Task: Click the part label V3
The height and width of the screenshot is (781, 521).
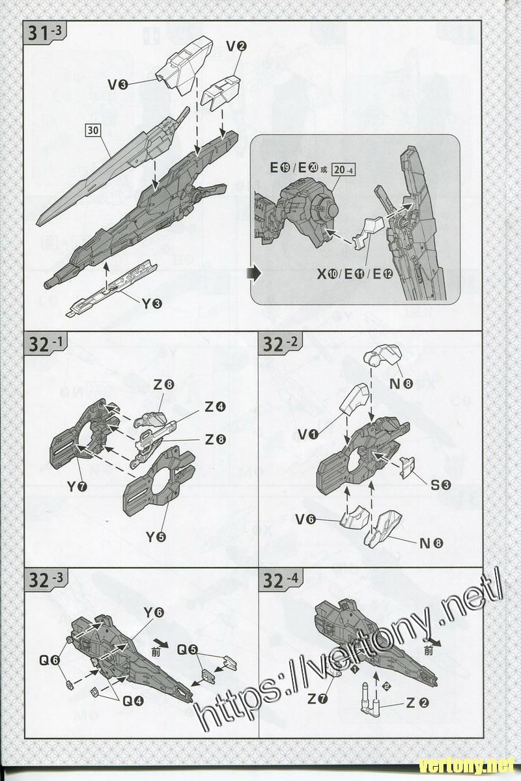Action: tap(118, 83)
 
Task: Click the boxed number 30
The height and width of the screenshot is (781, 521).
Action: tap(93, 130)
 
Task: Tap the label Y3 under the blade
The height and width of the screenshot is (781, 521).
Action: tap(152, 303)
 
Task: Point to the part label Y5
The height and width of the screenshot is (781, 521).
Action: tap(156, 537)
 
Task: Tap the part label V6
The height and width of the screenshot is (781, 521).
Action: tap(306, 519)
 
